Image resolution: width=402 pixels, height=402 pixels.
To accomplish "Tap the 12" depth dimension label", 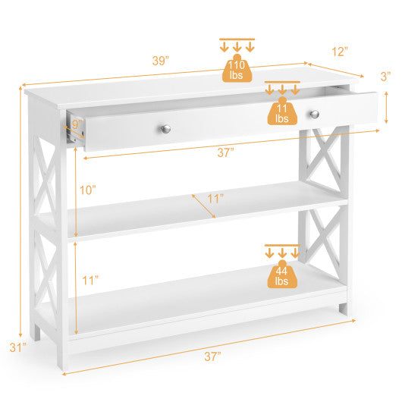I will (x=339, y=52).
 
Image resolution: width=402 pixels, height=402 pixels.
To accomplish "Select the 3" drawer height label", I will (x=385, y=76).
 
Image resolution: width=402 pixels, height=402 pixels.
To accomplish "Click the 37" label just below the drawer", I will (x=225, y=152).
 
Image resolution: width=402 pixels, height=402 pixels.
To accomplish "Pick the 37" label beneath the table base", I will (x=212, y=356).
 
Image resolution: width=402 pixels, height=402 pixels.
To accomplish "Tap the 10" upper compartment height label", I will (x=90, y=190).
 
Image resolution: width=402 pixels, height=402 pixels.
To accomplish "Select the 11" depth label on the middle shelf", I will (x=216, y=199).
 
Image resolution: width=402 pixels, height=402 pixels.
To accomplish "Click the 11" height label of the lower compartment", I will (x=90, y=280).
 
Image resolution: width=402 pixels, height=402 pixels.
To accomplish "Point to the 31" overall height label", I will (x=17, y=347).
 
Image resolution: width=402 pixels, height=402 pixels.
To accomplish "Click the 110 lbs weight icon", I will (x=237, y=68).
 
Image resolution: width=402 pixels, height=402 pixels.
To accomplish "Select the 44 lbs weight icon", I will (x=282, y=274).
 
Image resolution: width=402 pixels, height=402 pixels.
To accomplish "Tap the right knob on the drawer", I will (x=312, y=114).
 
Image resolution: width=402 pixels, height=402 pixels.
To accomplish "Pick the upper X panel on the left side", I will (x=46, y=182).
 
